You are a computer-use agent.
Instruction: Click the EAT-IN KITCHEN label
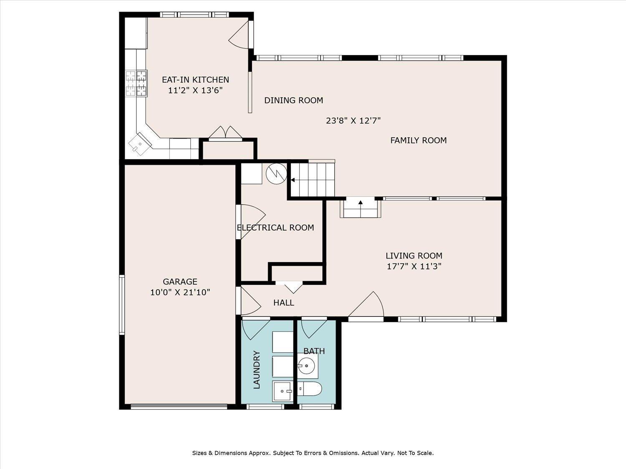195,80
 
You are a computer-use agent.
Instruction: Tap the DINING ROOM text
293,100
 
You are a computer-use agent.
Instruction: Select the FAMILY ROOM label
419,140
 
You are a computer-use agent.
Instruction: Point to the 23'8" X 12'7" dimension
353,121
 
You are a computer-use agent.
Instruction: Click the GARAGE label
180,281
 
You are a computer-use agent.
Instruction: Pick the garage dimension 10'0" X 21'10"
180,292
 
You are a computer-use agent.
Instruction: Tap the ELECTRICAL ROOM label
275,228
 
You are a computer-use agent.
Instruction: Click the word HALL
284,302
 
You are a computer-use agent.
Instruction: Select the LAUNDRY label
257,370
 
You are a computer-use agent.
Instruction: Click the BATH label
314,351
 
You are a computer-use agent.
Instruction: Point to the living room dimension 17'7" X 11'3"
414,266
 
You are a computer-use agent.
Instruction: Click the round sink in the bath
306,366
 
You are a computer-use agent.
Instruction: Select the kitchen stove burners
136,83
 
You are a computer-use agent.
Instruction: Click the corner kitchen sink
140,143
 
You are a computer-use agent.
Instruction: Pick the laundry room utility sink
282,391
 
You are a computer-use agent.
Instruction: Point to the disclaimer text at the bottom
313,453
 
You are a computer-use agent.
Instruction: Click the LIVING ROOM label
414,256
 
